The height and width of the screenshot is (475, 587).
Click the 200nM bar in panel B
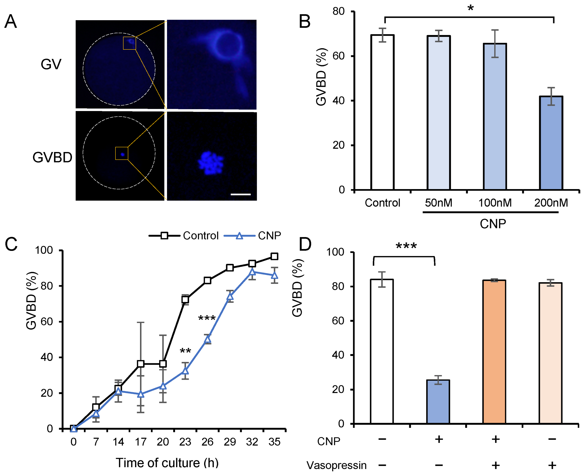coord(551,143)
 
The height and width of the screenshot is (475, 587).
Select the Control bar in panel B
coord(382,112)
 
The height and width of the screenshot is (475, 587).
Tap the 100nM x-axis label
coord(495,203)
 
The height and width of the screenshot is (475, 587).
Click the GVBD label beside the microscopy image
coord(52,157)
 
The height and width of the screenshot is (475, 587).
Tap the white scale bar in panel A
coord(241,194)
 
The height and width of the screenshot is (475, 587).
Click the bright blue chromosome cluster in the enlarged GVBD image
coord(210,163)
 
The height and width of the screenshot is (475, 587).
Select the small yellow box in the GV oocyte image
coord(129,43)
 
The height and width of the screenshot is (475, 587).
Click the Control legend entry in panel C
coord(200,236)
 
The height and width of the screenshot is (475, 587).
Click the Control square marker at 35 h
coord(274,256)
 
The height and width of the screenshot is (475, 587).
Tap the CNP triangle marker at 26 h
coord(208,339)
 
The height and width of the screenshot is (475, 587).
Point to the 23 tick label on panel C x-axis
coord(185,442)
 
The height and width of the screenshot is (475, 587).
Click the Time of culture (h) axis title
coord(167,463)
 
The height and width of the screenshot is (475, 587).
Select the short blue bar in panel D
coord(438,402)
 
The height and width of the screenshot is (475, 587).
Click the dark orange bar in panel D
coord(494,352)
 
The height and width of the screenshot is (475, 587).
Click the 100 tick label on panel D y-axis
coord(335,252)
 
